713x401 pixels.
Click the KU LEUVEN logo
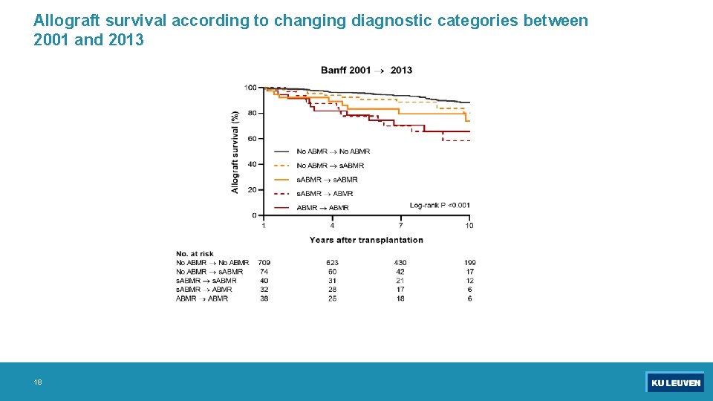tap(674, 382)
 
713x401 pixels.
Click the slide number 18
tap(38, 382)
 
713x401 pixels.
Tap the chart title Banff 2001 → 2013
tap(366, 71)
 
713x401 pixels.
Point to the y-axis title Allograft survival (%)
tap(235, 152)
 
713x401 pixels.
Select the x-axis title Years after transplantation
tap(366, 240)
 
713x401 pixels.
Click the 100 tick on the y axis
tap(250, 88)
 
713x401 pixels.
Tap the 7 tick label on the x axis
tap(400, 226)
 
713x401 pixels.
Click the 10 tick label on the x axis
tap(469, 226)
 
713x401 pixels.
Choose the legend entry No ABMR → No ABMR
tap(333, 151)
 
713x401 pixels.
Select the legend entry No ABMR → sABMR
tap(330, 166)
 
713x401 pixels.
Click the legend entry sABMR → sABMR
tap(327, 180)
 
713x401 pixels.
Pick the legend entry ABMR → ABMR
tap(322, 208)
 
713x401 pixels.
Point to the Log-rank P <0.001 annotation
tap(440, 205)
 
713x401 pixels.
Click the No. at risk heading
tap(195, 254)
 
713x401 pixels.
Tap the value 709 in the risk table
tap(264, 263)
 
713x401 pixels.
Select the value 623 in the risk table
tap(332, 263)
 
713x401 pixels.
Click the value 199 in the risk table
tap(469, 263)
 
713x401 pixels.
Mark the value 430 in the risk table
tap(400, 263)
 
